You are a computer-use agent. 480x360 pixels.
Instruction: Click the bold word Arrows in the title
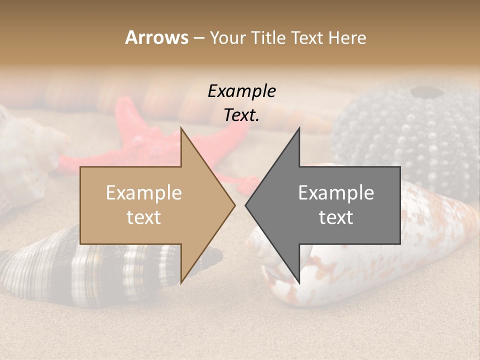[157, 37]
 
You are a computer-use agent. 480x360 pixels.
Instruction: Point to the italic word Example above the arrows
[241, 91]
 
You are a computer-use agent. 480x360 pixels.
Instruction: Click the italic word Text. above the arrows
[241, 115]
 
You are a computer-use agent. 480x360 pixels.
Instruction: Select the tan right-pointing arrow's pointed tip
[233, 204]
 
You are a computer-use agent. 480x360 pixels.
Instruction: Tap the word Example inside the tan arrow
[144, 193]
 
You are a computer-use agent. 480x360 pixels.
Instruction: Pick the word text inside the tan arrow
[144, 217]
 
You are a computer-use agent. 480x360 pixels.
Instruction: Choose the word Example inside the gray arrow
[336, 193]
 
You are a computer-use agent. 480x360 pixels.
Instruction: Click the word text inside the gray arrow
[336, 217]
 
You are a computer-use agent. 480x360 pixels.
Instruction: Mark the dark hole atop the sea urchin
[424, 92]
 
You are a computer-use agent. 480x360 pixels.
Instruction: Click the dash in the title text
[199, 38]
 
